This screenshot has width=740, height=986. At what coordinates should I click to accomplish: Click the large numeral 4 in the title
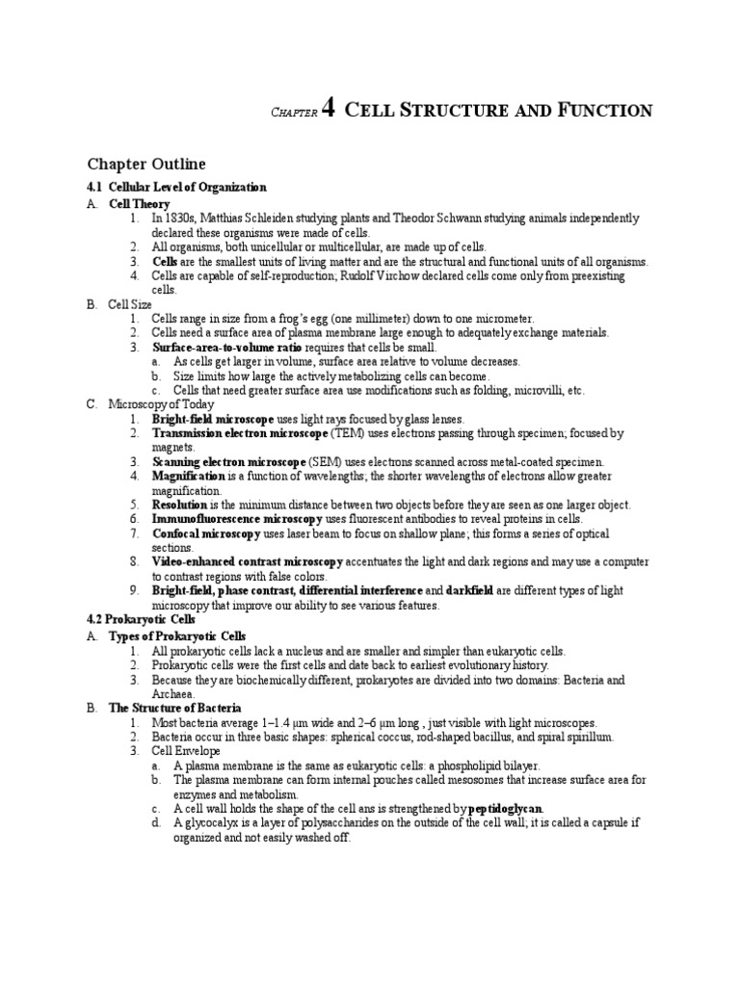(329, 109)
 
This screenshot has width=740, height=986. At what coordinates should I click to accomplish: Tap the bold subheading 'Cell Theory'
(139, 204)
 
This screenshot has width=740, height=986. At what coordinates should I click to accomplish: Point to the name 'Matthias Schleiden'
(256, 219)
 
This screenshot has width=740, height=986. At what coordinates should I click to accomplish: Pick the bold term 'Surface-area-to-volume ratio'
(213, 347)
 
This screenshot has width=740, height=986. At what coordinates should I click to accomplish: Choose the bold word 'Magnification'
(188, 477)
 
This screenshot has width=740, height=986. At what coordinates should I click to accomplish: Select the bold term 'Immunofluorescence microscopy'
(237, 519)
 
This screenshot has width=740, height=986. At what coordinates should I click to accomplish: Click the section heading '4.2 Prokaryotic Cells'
(142, 619)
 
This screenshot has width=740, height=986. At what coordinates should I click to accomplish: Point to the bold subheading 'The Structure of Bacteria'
(174, 708)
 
